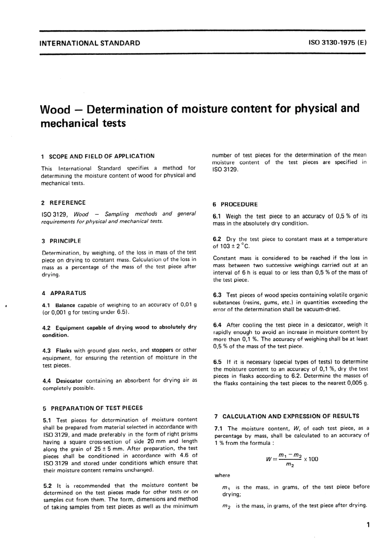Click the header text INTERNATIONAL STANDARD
click(x=89, y=43)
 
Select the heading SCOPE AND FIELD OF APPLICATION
click(x=102, y=156)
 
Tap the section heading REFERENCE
click(x=67, y=203)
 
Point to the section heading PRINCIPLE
click(x=65, y=241)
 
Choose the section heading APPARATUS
click(x=68, y=293)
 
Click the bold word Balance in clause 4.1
click(x=65, y=305)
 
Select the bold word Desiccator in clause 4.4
click(x=69, y=381)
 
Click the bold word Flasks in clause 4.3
click(x=64, y=350)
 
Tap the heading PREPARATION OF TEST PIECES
click(x=96, y=408)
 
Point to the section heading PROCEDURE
click(x=240, y=204)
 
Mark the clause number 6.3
click(x=217, y=295)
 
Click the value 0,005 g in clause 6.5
click(x=355, y=384)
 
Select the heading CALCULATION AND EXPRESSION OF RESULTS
click(x=291, y=416)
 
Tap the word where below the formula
click(x=222, y=475)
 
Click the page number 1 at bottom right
click(x=368, y=525)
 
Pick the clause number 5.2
click(x=48, y=485)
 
